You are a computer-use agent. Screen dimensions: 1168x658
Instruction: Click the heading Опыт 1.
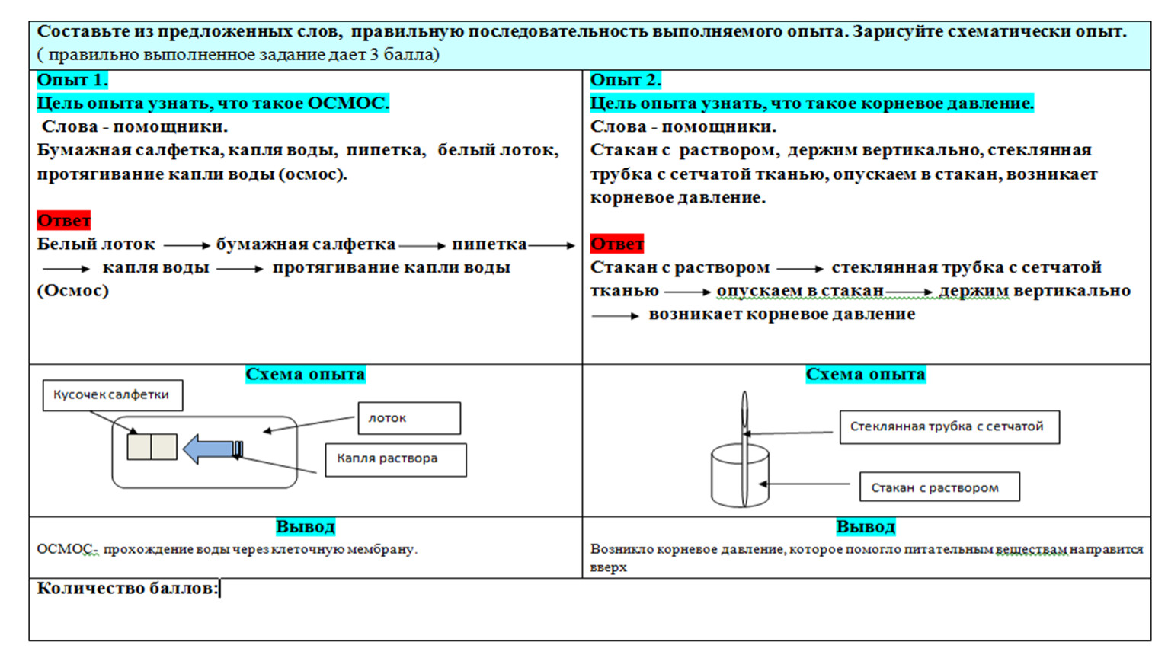tap(72, 80)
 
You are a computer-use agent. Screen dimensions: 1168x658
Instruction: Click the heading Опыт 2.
tap(626, 80)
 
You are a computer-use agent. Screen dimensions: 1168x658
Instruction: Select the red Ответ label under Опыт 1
tap(63, 220)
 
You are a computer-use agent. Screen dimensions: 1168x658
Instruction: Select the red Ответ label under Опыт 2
tap(617, 244)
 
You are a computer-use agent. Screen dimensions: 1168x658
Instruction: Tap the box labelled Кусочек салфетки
tap(113, 395)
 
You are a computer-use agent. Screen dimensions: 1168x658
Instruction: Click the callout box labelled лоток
tap(409, 417)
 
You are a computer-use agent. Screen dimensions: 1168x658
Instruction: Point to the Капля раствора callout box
tap(395, 460)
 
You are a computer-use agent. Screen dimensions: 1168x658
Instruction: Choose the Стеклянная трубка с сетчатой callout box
tap(949, 427)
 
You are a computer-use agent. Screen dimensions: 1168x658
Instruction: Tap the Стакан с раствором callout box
tap(939, 487)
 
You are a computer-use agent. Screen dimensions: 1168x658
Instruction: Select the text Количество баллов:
tap(127, 588)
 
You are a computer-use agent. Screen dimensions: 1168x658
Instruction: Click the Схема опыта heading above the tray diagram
tap(305, 374)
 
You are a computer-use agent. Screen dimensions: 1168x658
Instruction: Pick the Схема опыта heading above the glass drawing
tap(866, 374)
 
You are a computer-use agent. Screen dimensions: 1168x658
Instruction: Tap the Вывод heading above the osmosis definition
tap(305, 526)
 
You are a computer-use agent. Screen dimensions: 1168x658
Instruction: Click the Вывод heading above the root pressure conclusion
tap(866, 526)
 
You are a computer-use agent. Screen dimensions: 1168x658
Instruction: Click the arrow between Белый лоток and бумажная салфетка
tap(187, 245)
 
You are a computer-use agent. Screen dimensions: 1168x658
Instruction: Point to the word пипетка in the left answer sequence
tap(489, 244)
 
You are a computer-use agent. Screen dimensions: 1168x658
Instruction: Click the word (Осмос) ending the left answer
tap(72, 290)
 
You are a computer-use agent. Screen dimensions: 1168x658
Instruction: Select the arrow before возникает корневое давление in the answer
tap(615, 315)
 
